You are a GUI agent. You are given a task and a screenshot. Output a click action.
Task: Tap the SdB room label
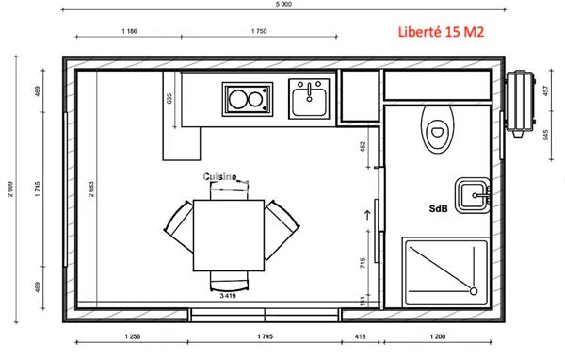438,208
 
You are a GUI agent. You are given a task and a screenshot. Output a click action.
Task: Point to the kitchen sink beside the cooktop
309,98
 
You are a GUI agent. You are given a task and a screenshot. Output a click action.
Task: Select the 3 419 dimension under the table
229,296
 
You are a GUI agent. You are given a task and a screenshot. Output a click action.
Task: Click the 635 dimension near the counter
170,98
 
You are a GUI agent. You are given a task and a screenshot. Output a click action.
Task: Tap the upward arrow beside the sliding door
367,217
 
